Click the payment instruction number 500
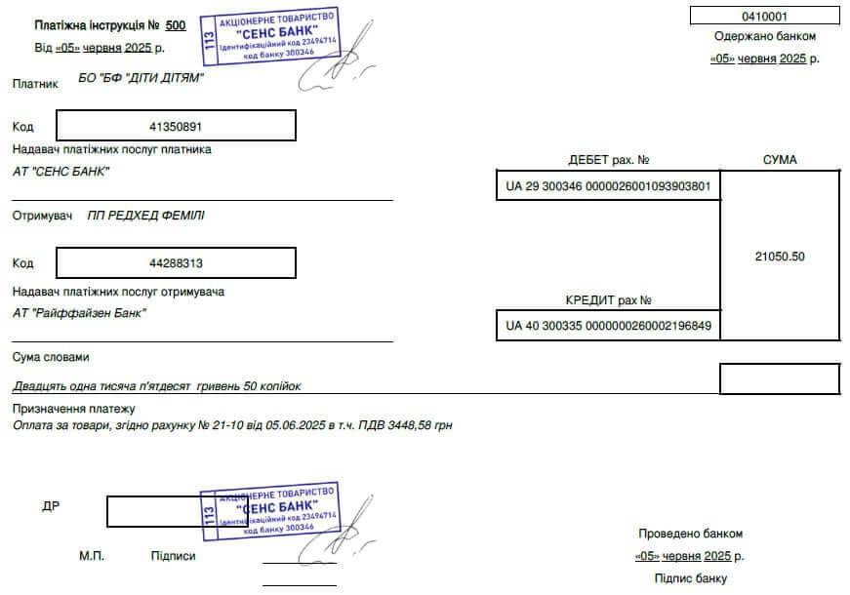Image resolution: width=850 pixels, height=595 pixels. point(175,25)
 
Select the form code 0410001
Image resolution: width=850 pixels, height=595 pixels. point(764,17)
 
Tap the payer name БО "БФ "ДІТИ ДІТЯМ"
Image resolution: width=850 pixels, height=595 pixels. point(141,78)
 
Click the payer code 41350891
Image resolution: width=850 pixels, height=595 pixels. point(176,127)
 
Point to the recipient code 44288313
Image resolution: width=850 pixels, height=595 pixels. point(176,263)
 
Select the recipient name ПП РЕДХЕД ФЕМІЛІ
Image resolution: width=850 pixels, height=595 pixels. point(145,216)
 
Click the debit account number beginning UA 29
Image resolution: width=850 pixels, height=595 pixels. point(608,186)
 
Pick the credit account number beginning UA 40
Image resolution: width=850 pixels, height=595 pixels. point(608,326)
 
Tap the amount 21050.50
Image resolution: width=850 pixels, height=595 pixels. point(780,257)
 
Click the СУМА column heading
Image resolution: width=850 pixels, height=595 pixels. point(780,160)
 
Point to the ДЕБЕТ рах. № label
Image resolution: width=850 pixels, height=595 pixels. point(608,160)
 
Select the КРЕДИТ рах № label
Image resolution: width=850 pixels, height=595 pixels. point(608,300)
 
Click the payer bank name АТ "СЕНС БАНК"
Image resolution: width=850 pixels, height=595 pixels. point(61,172)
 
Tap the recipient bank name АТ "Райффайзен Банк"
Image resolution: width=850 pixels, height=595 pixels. point(79,313)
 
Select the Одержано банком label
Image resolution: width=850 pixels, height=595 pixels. point(764,36)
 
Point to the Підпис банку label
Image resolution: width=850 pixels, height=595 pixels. point(691,578)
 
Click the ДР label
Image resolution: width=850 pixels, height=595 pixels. point(51,506)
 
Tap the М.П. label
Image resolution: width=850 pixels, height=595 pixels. point(92,556)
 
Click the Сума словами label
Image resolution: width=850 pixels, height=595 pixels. point(51,357)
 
